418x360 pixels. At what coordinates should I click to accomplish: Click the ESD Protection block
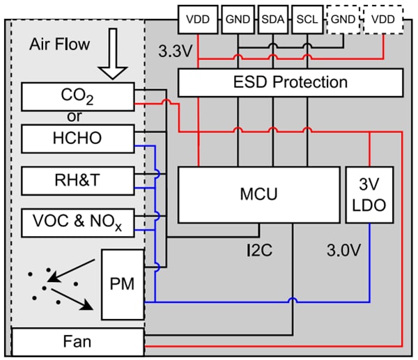(291, 83)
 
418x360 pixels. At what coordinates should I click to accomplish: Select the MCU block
(258, 194)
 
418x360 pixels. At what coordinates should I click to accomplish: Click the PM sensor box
(123, 285)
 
